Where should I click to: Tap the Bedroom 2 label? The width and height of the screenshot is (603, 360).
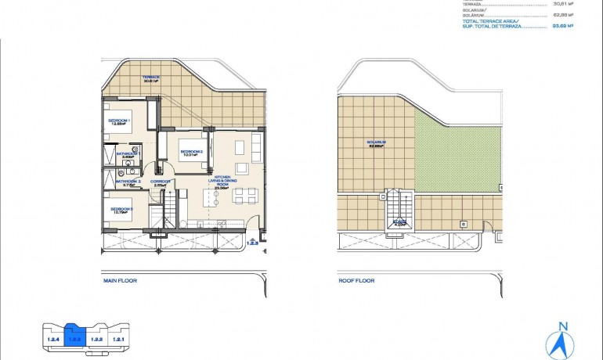(192, 153)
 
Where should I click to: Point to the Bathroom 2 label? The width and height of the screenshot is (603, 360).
(128, 183)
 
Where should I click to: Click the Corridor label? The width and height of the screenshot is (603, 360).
(161, 183)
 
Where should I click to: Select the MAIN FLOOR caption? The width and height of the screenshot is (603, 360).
(121, 279)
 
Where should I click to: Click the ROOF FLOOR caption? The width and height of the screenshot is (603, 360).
(356, 279)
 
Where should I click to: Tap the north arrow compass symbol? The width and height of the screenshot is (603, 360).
(560, 338)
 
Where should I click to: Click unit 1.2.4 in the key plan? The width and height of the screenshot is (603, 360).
(53, 339)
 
